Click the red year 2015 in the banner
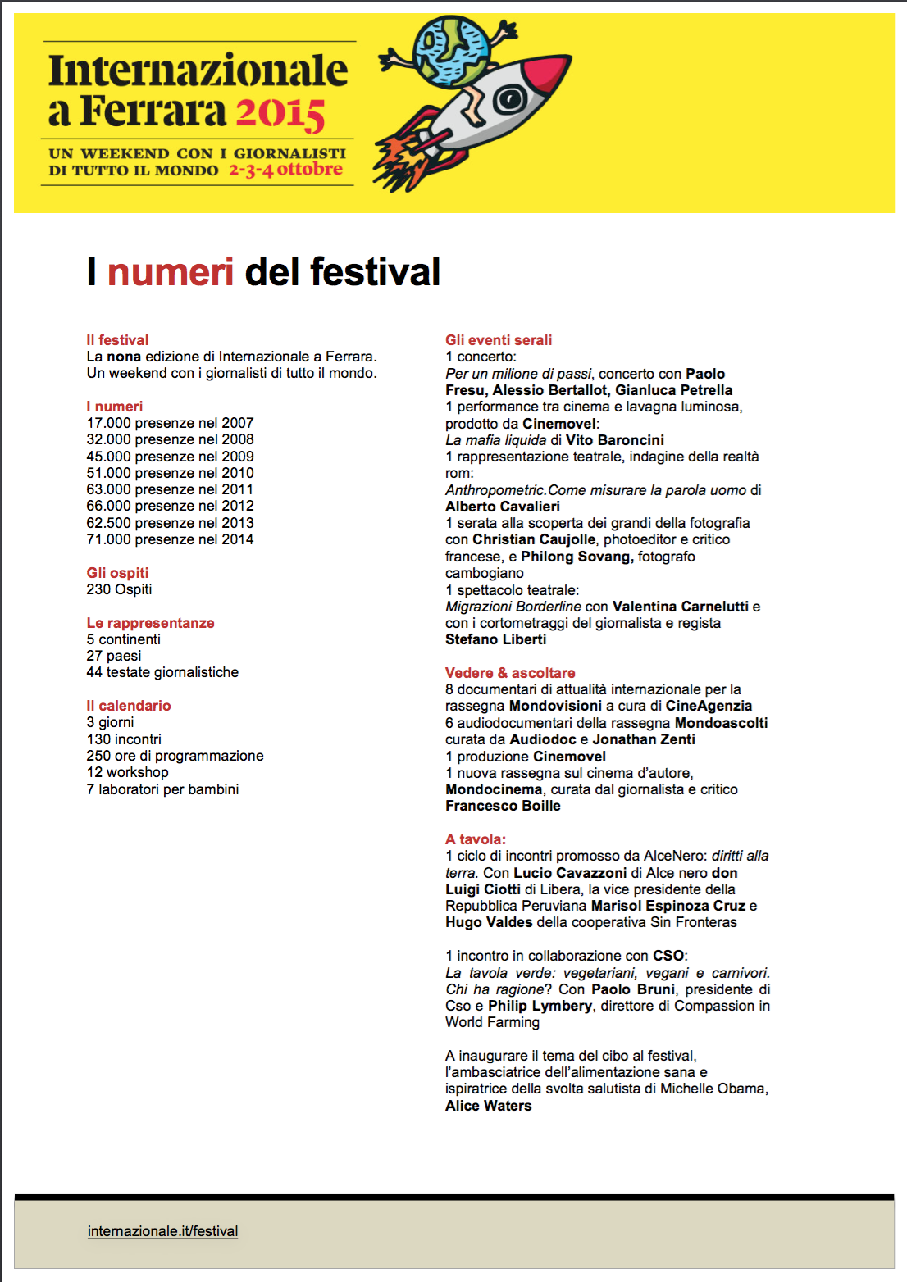pos(280,114)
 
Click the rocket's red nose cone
pos(547,71)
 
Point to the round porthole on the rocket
pos(508,100)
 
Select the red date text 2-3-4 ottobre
pos(285,170)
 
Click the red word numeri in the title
pos(171,272)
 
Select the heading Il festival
pos(117,340)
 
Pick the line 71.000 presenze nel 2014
pos(170,539)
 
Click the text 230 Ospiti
pos(119,589)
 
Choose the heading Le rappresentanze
pos(150,623)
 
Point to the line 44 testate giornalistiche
pos(162,672)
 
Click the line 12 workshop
pos(127,772)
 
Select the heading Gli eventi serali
pos(499,340)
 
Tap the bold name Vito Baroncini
pos(615,440)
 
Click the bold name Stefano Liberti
pos(495,639)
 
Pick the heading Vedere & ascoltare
pos(510,673)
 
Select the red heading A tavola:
pos(476,839)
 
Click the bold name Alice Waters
pos(488,1106)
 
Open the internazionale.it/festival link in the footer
pos(162,1231)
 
